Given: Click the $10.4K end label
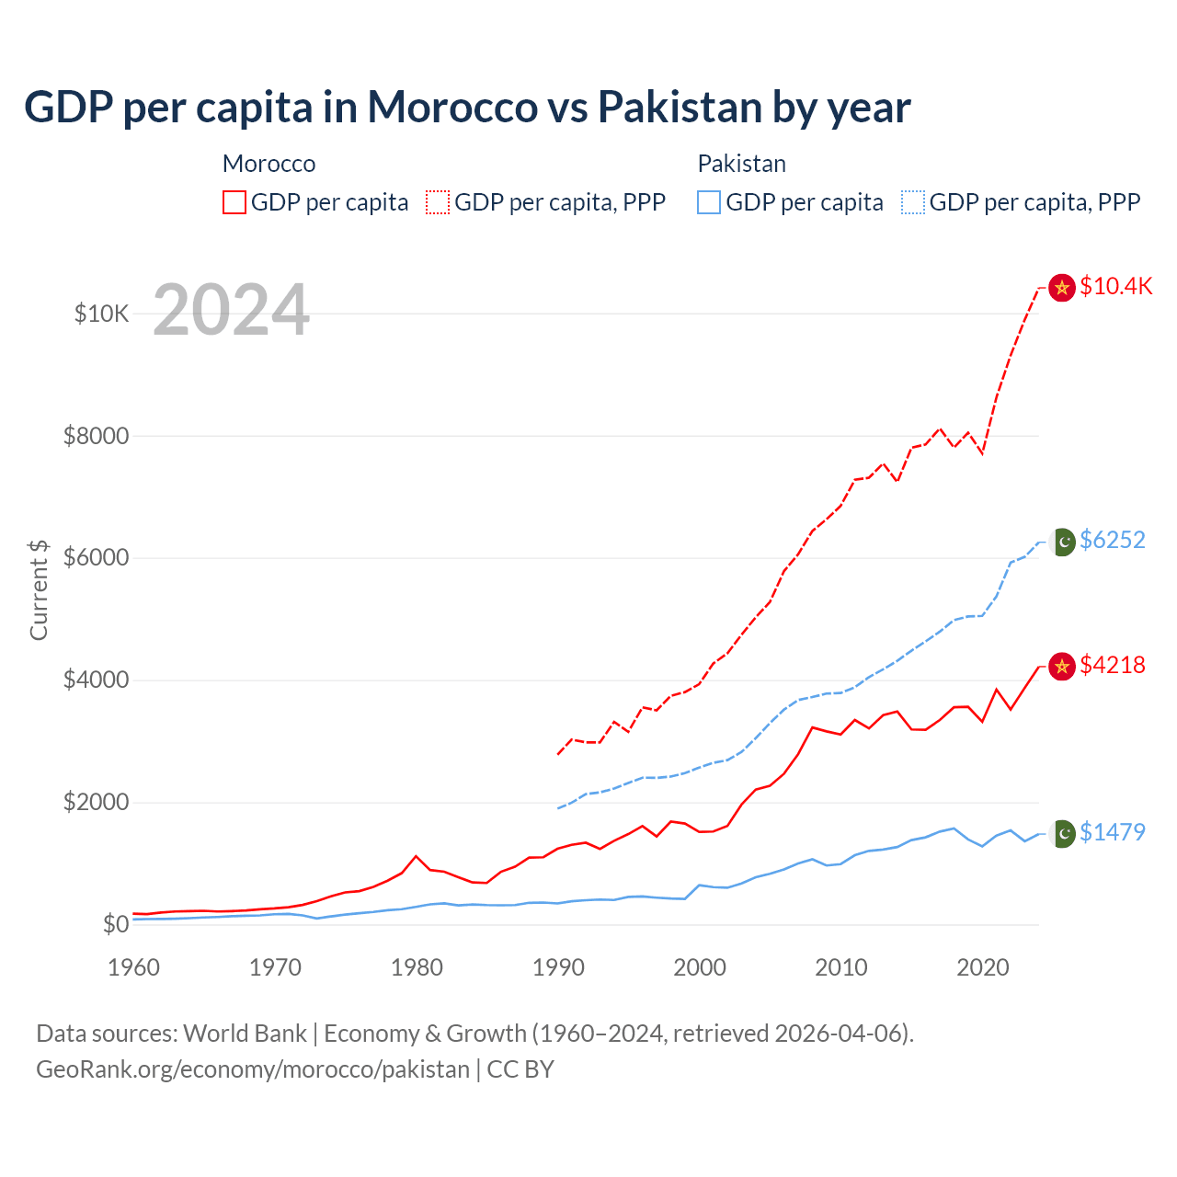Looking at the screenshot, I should [x=1115, y=286].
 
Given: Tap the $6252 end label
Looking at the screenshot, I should [x=1113, y=540].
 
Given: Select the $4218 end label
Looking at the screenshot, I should [x=1113, y=665].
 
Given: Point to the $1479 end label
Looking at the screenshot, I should [x=1113, y=832].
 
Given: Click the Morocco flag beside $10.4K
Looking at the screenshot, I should [x=1062, y=288].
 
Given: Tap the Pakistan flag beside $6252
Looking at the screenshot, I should [x=1063, y=543].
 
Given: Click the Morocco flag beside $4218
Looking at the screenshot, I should [x=1062, y=667].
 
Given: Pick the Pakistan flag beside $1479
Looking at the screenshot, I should [x=1063, y=834].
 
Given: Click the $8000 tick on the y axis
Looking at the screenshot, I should [x=96, y=436].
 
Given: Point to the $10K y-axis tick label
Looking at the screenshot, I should [x=101, y=314].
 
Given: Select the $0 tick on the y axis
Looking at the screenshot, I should [x=115, y=924].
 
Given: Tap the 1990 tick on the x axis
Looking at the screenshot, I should [x=558, y=967].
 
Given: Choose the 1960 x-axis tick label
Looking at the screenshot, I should [x=134, y=967].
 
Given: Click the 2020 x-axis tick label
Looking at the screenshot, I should [x=983, y=967].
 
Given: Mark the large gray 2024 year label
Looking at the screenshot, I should [x=231, y=310].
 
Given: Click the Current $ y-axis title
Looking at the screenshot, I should [x=39, y=589].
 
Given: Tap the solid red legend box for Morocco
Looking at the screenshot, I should [x=234, y=202].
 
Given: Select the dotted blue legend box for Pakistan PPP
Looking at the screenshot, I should [x=913, y=202].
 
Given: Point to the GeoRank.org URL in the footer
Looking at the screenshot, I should [x=253, y=1069].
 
